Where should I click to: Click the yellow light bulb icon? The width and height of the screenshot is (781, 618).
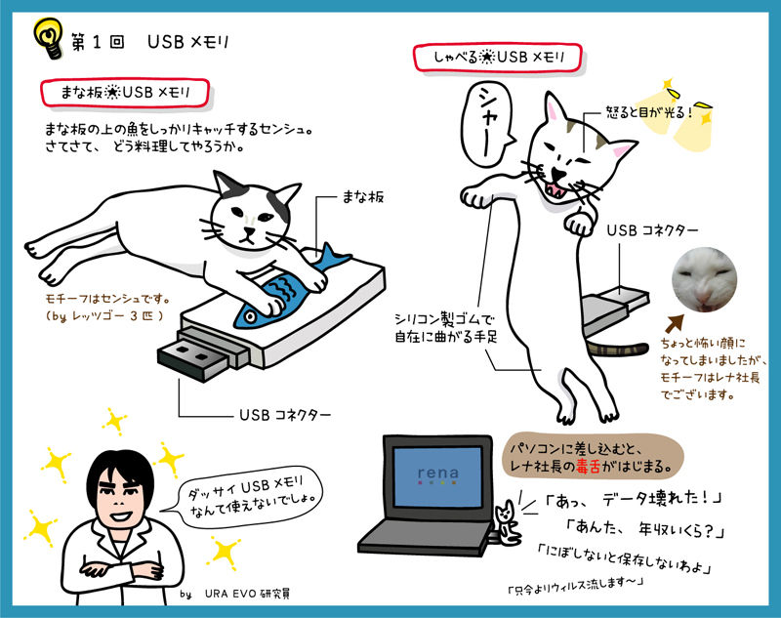coord(48,38)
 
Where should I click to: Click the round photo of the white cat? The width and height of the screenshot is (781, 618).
coord(704,279)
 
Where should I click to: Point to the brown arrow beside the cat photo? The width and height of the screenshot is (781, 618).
coord(675,323)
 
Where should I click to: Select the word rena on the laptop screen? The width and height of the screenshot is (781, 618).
coord(437,473)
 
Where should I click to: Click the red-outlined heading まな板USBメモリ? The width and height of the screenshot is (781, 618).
coord(125,93)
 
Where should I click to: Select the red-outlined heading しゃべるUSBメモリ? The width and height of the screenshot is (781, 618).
coord(498,58)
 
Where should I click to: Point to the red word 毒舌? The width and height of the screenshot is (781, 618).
coord(589,467)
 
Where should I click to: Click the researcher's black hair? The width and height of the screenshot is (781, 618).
coord(120,471)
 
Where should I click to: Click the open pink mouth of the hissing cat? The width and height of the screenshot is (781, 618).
coord(555,189)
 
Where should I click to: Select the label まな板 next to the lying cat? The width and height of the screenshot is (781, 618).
coord(363,197)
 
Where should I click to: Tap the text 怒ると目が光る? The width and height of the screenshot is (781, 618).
coord(648,112)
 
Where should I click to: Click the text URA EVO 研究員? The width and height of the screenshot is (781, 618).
coord(248,593)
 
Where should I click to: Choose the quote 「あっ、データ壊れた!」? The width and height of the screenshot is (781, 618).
coord(634,499)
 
